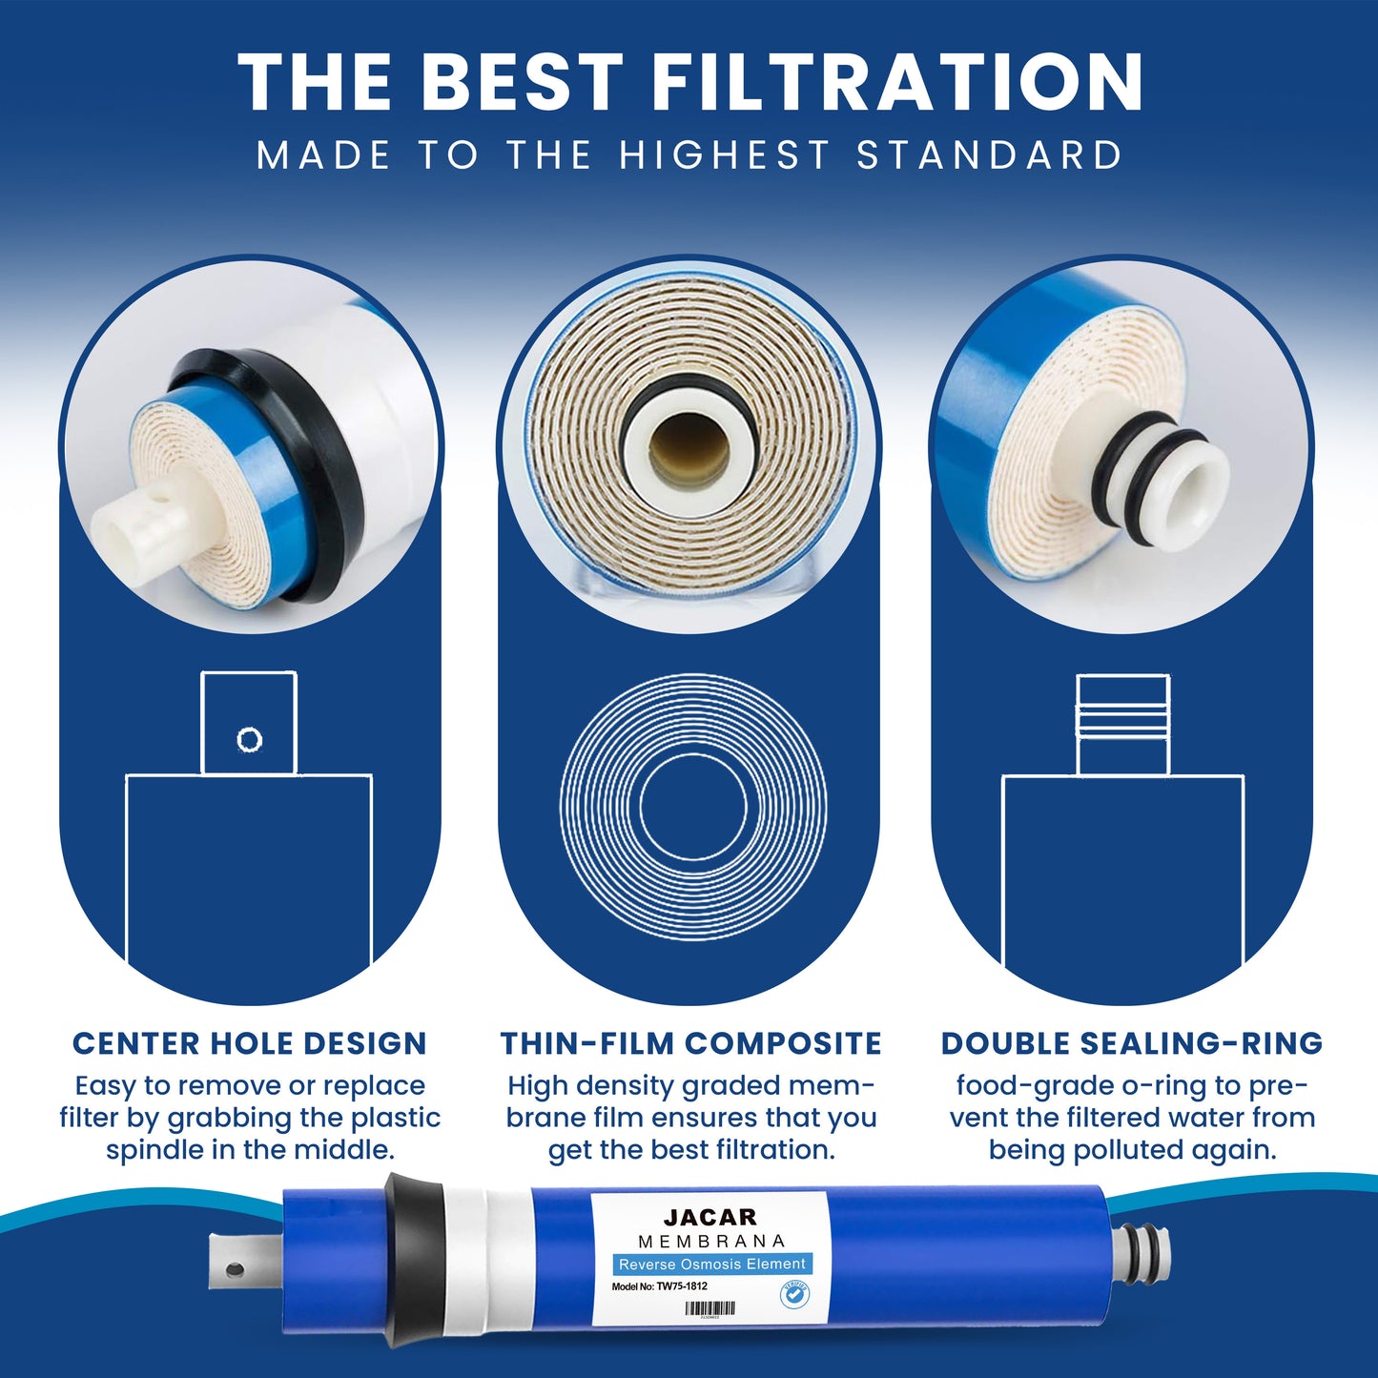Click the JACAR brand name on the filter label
pos(710,1217)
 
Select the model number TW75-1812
pos(682,1285)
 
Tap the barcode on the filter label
pos(710,1308)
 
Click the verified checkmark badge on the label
pos(793,1295)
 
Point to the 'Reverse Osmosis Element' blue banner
pos(711,1264)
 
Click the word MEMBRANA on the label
pos(711,1241)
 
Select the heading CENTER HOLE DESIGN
pos(250,1043)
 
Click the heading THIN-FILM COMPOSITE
pos(690,1043)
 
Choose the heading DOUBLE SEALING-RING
pos(1131,1043)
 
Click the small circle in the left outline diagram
pos(249,739)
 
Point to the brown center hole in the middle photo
pos(689,450)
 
